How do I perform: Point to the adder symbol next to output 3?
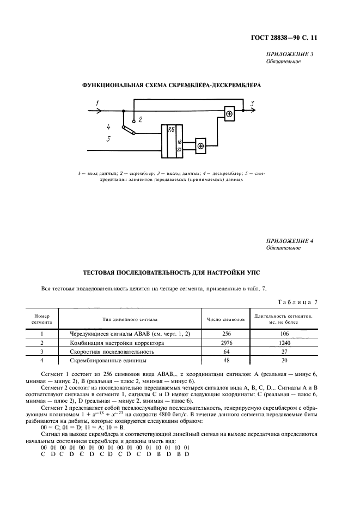click(x=229, y=113)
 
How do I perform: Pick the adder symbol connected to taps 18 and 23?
click(x=200, y=145)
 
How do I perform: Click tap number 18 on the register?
click(x=179, y=141)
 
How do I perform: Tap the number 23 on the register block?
click(x=179, y=149)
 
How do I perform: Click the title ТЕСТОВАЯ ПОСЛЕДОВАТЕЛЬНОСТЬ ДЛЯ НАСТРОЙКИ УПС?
click(x=180, y=271)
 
